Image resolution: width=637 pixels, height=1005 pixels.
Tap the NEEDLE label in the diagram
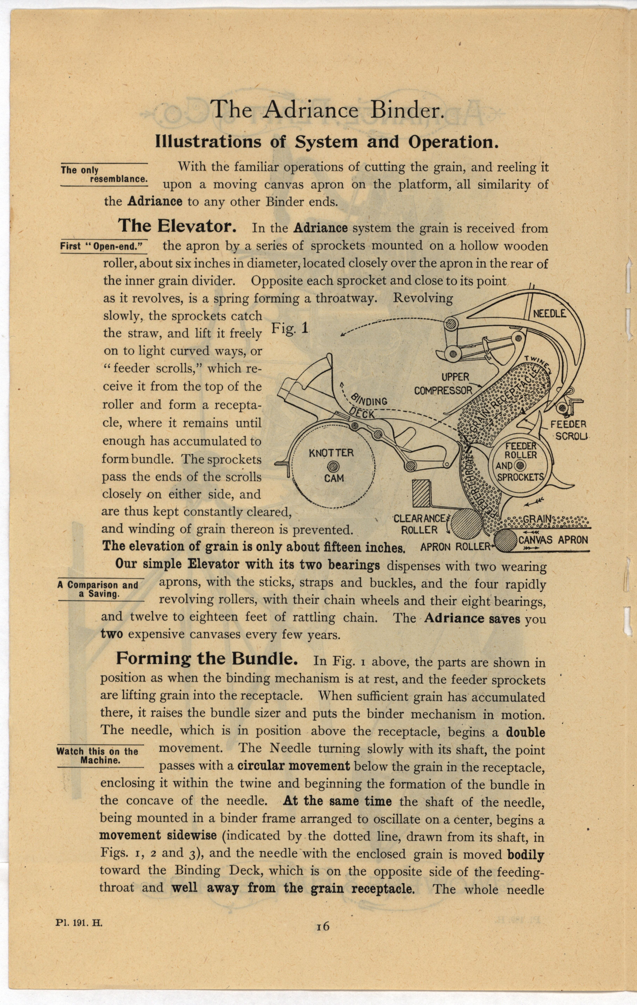pyautogui.click(x=550, y=314)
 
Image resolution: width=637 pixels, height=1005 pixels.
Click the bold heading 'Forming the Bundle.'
pyautogui.click(x=207, y=659)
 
